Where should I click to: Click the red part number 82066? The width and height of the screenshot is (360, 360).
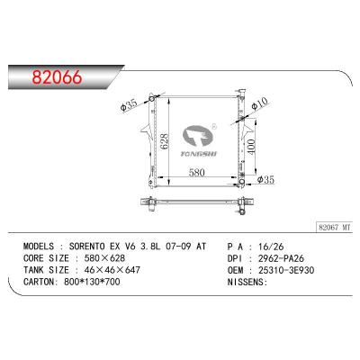pos(57,77)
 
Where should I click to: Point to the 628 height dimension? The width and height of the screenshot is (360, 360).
pos(165,142)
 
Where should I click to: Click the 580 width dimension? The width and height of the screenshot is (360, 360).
pos(197,173)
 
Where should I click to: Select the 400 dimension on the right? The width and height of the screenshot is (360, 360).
pos(250,147)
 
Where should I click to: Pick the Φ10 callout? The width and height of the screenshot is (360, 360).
pos(259,104)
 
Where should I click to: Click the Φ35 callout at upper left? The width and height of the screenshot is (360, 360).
pos(129,104)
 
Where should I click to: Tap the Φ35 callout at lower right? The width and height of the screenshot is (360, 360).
pos(265,180)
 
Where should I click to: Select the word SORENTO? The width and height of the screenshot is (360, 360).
pos(87,247)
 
